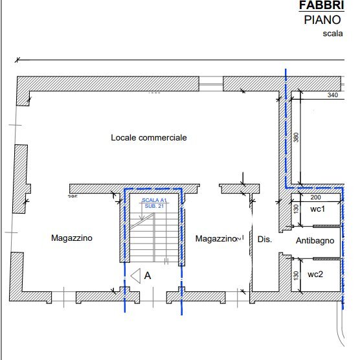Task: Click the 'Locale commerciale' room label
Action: pyautogui.click(x=148, y=138)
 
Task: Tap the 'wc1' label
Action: pyautogui.click(x=317, y=209)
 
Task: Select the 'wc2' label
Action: pyautogui.click(x=315, y=275)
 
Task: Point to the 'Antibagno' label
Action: pyautogui.click(x=315, y=240)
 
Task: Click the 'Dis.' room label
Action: pyautogui.click(x=264, y=240)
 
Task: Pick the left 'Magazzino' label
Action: pyautogui.click(x=72, y=238)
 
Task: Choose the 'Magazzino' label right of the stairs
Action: pyautogui.click(x=216, y=239)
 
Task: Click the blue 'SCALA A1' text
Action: pyautogui.click(x=154, y=201)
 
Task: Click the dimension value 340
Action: pyautogui.click(x=333, y=95)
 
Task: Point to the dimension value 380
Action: pyautogui.click(x=296, y=138)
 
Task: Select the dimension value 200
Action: pyautogui.click(x=316, y=197)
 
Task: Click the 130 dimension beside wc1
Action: pyautogui.click(x=296, y=209)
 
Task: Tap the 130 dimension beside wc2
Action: pyautogui.click(x=296, y=275)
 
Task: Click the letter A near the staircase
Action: pyautogui.click(x=148, y=275)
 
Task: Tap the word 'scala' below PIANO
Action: pyautogui.click(x=332, y=34)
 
